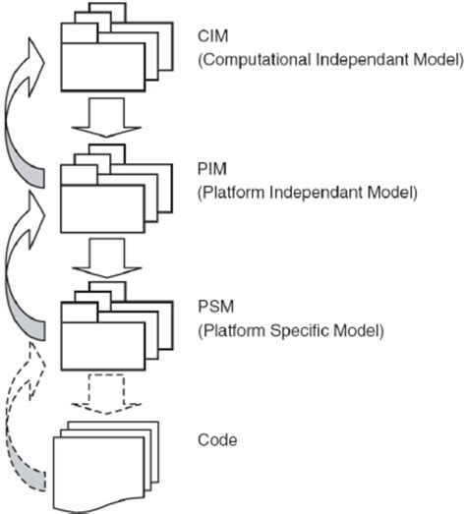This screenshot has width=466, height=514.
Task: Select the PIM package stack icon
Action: coord(106,187)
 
